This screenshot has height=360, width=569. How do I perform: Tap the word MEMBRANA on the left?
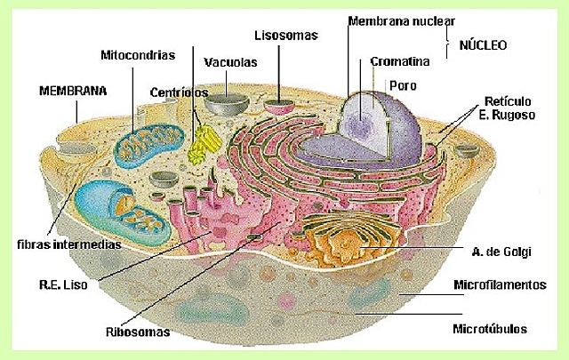pyautogui.click(x=73, y=91)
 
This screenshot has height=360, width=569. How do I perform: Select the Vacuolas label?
pyautogui.click(x=230, y=63)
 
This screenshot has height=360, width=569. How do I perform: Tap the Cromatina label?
pyautogui.click(x=399, y=62)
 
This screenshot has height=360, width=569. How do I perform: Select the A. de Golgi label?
pyautogui.click(x=502, y=252)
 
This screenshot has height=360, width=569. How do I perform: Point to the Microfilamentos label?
pyautogui.click(x=498, y=285)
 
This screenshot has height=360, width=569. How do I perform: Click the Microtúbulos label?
pyautogui.click(x=490, y=328)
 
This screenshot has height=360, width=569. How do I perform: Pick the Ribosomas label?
pyautogui.click(x=137, y=332)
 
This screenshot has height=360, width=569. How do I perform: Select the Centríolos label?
pyautogui.click(x=179, y=92)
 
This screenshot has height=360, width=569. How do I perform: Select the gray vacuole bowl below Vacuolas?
pyautogui.click(x=225, y=101)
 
